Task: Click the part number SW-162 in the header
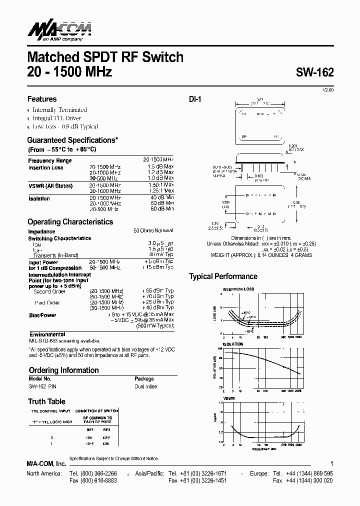click(313, 71)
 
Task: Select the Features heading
click(42, 99)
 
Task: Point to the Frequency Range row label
click(50, 160)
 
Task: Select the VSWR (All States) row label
click(50, 185)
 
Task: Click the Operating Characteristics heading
click(70, 221)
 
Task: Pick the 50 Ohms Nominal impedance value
click(153, 230)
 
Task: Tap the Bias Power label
click(42, 315)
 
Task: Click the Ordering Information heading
click(63, 370)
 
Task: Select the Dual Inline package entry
click(145, 386)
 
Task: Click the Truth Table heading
click(46, 401)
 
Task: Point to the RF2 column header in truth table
click(106, 429)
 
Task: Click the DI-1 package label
click(194, 99)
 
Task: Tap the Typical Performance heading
click(223, 276)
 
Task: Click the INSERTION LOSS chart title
click(238, 289)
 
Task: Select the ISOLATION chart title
click(233, 344)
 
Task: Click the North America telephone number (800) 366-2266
click(95, 473)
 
